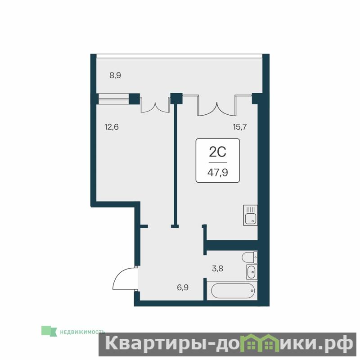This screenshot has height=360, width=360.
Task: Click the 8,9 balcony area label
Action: [x=115, y=75]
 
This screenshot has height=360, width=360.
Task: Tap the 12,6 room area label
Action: [x=112, y=127]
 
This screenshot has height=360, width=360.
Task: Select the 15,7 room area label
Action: [x=240, y=127]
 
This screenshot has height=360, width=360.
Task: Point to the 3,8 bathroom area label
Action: [x=217, y=268]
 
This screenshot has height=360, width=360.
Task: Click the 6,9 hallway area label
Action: [x=183, y=288]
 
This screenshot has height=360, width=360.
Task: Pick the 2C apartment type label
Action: [x=218, y=152]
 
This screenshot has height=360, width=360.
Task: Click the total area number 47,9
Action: [x=218, y=172]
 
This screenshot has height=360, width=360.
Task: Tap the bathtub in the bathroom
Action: [x=232, y=291]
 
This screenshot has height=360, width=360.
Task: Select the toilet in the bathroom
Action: [x=250, y=257]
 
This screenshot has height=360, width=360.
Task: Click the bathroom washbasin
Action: [x=252, y=272]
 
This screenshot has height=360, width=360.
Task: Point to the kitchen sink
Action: [x=251, y=216]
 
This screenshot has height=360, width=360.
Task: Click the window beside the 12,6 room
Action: [x=114, y=99]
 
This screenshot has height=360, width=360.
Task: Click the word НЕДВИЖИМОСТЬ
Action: [x=82, y=332]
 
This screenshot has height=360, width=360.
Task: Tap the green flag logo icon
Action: [x=49, y=331]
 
